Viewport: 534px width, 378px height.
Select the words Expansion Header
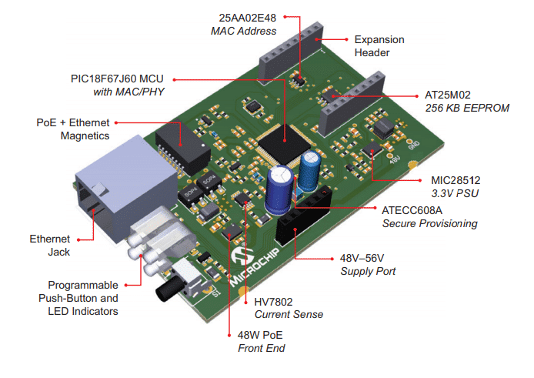point(379,45)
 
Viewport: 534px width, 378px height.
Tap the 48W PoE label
point(262,335)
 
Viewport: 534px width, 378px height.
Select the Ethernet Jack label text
point(50,245)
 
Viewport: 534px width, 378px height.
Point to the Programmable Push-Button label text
point(84,297)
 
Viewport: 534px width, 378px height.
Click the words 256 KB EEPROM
point(467,109)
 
